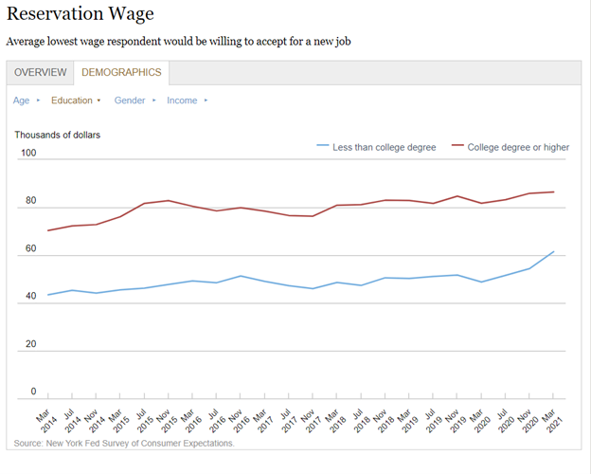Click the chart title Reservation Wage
pos(80,15)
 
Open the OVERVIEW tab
pos(40,72)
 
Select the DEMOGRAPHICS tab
pos(121,72)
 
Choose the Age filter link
pos(22,100)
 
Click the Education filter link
pos(72,100)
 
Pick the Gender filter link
pos(130,100)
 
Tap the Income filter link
pos(182,100)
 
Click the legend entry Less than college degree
pos(384,147)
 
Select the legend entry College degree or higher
pos(518,147)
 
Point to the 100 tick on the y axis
pos(27,154)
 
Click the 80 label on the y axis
pos(30,201)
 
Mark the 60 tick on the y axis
pos(30,248)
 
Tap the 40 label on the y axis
pos(30,297)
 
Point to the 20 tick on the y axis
pos(30,344)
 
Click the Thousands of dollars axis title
pos(57,135)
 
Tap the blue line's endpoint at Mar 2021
pos(554,252)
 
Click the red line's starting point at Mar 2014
pos(47,230)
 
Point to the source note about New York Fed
pos(124,443)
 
